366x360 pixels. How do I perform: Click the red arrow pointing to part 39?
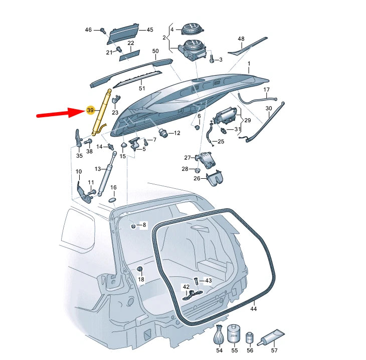click(59, 114)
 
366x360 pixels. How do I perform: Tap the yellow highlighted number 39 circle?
click(90, 110)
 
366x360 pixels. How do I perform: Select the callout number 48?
click(241, 39)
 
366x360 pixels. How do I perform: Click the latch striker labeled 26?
click(215, 176)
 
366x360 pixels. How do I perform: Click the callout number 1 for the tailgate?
click(249, 64)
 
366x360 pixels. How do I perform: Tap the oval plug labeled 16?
click(113, 199)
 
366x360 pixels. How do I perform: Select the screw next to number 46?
click(102, 31)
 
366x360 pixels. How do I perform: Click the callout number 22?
click(130, 44)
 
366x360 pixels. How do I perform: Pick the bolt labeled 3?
click(212, 60)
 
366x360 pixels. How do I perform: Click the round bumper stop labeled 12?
click(163, 133)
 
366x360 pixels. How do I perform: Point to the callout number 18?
click(141, 279)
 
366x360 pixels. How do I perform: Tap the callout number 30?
click(269, 108)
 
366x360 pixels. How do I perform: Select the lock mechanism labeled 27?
click(206, 158)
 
